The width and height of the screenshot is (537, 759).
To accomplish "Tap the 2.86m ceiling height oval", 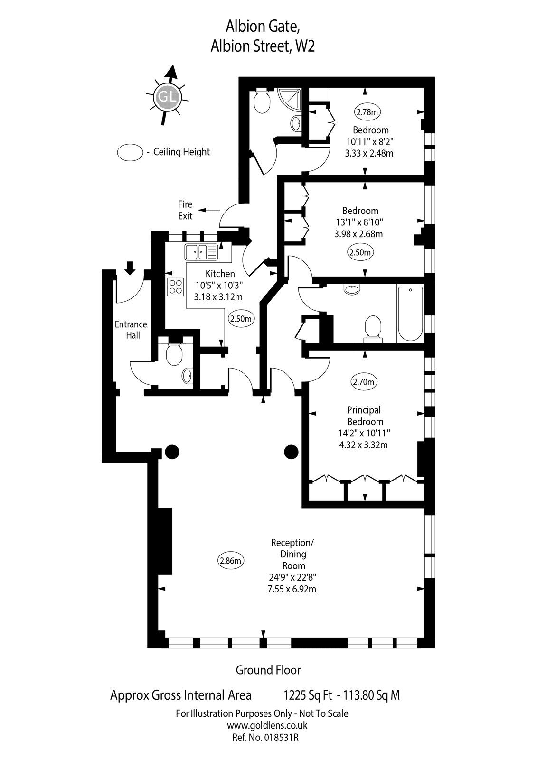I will click(x=231, y=560).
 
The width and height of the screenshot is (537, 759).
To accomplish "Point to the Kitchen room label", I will click(x=220, y=274).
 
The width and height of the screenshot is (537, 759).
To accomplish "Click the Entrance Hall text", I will click(x=131, y=330).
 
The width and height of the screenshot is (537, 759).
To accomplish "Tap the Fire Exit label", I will click(x=185, y=210).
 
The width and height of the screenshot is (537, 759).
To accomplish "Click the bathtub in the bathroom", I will click(x=410, y=314).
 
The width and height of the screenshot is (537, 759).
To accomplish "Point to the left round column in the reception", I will click(x=171, y=452).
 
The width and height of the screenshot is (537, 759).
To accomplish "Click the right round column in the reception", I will click(x=291, y=452).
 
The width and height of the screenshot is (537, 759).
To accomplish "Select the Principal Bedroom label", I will click(x=364, y=416).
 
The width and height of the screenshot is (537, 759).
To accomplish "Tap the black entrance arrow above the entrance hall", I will click(x=129, y=268).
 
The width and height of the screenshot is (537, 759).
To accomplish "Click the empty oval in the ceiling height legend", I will click(x=130, y=152).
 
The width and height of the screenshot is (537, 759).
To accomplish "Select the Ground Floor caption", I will click(x=268, y=670).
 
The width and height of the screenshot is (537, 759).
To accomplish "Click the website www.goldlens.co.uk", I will click(x=267, y=725).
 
